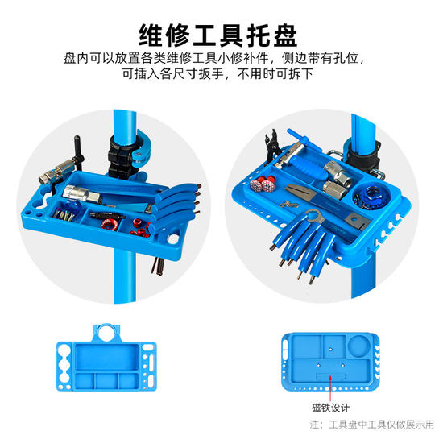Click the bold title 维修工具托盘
tap(217, 33)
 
